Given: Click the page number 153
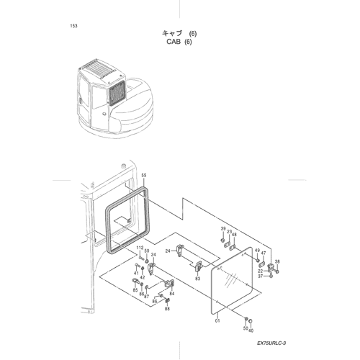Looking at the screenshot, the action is [x=73, y=26].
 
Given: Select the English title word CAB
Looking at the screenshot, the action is [x=174, y=42].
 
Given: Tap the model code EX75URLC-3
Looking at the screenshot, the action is [x=271, y=343].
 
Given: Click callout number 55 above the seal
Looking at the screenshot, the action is [x=143, y=176].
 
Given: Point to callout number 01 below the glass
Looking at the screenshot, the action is [x=217, y=320].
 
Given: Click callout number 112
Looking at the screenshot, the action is [x=140, y=248].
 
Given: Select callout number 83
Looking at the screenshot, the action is [x=197, y=279].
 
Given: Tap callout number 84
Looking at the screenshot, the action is [x=172, y=294].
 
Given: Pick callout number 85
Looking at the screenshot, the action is [x=135, y=290].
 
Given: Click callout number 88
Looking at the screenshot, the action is [x=167, y=309].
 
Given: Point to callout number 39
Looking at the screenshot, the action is [x=223, y=229].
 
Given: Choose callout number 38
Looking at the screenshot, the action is [x=277, y=261].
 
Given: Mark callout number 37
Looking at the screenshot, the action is [x=261, y=276].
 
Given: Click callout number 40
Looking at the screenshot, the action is [x=251, y=330].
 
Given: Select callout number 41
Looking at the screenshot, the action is [x=136, y=273].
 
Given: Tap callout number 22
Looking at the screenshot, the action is [x=261, y=271].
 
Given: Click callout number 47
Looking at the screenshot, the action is [x=264, y=253].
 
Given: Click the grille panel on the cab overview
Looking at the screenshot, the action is [x=117, y=93].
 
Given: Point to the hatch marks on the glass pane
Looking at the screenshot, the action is [x=230, y=280].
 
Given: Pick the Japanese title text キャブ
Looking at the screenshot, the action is [x=172, y=33].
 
